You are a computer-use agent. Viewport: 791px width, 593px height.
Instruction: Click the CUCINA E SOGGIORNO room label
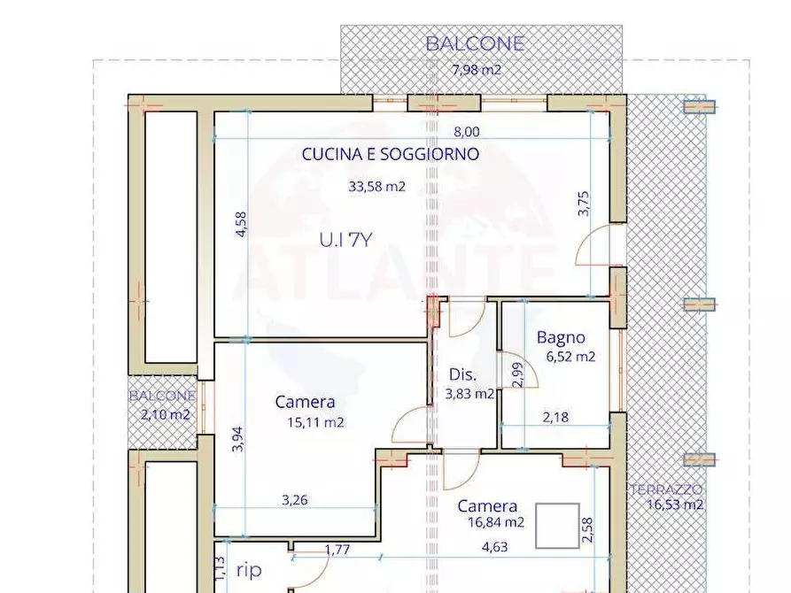pyautogui.click(x=391, y=154)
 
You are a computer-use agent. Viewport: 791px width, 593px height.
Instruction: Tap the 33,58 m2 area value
pyautogui.click(x=376, y=187)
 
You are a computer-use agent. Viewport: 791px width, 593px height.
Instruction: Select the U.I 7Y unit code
pyautogui.click(x=345, y=239)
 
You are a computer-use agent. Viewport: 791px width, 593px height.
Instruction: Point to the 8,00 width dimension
pyautogui.click(x=467, y=132)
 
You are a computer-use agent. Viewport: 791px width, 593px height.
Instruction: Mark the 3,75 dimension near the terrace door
pyautogui.click(x=583, y=204)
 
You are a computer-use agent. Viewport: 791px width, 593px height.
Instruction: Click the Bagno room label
pyautogui.click(x=561, y=337)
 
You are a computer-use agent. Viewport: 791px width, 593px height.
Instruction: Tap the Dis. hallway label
pyautogui.click(x=463, y=374)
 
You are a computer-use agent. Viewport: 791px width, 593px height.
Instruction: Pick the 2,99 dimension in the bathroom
pyautogui.click(x=517, y=374)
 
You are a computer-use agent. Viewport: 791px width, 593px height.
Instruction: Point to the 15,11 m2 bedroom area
pyautogui.click(x=315, y=422)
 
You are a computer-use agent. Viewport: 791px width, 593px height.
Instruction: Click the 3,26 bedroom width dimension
pyautogui.click(x=294, y=500)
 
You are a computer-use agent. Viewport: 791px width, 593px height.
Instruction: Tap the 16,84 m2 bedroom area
pyautogui.click(x=497, y=522)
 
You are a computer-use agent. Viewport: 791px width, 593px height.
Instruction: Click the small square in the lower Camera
pyautogui.click(x=557, y=525)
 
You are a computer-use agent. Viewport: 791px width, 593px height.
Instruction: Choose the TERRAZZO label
pyautogui.click(x=666, y=489)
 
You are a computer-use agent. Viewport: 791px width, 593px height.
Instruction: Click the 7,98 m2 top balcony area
pyautogui.click(x=477, y=70)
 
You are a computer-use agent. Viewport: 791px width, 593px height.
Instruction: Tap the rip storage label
pyautogui.click(x=249, y=571)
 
